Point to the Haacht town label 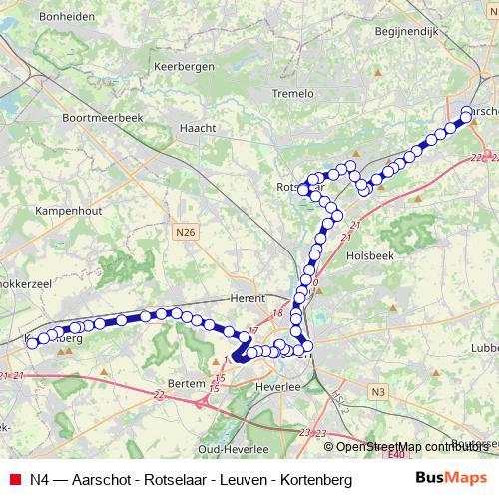click(x=190, y=128)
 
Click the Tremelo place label click(x=292, y=93)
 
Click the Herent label click(x=246, y=297)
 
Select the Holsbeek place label click(x=370, y=254)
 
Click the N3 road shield click(x=376, y=393)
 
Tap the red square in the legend click(x=14, y=479)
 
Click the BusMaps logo click(x=451, y=478)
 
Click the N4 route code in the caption click(x=39, y=479)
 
